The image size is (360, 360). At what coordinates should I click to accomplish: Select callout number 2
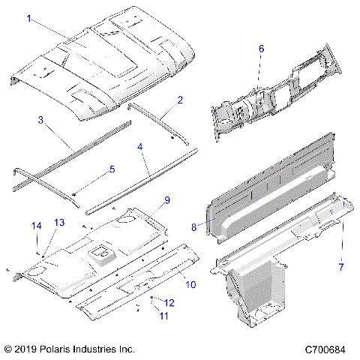[x=180, y=100]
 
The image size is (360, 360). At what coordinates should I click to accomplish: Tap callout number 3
[x=40, y=119]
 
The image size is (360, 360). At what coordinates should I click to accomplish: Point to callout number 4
[x=139, y=148]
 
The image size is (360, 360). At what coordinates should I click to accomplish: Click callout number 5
[x=112, y=169]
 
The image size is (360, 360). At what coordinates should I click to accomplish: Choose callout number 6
[x=261, y=49]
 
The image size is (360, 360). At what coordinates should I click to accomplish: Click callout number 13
[x=58, y=223]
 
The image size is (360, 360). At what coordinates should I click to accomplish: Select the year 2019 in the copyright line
[x=25, y=349]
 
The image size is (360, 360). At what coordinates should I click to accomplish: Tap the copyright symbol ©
[x=7, y=349]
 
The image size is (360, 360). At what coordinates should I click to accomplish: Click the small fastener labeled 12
[x=153, y=298]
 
